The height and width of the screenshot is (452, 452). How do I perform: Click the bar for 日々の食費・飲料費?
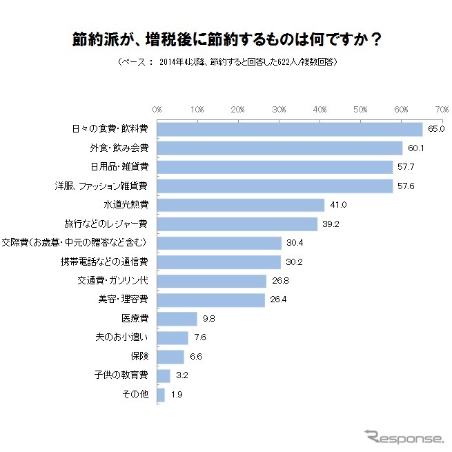(290, 129)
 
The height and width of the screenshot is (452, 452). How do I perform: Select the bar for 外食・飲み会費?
(279, 148)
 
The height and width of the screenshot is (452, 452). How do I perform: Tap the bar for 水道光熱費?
(241, 205)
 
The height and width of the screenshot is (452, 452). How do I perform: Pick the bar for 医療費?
(177, 319)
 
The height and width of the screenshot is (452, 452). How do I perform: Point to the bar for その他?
(161, 395)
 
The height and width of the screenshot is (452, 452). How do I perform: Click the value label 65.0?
(435, 129)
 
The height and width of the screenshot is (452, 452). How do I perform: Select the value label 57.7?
(406, 167)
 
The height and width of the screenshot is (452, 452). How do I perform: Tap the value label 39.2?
(331, 224)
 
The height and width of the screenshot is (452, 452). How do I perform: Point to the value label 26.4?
(278, 300)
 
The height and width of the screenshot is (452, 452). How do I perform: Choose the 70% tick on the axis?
(442, 110)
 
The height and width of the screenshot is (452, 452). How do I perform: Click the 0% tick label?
(157, 110)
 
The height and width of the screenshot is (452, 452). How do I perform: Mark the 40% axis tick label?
(320, 110)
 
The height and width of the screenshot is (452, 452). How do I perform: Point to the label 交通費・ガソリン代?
(113, 281)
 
